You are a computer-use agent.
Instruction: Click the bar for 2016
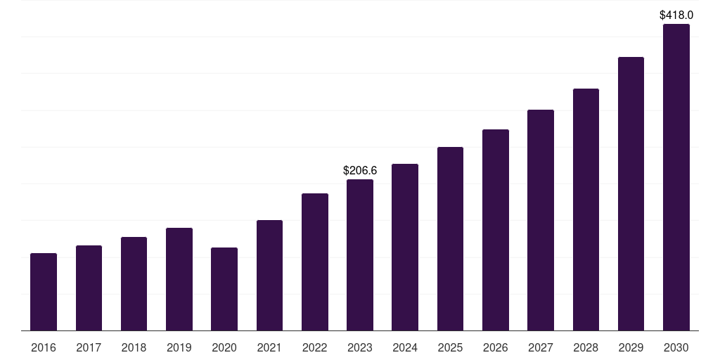(44, 292)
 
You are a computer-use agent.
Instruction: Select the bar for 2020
(224, 289)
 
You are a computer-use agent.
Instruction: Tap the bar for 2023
(360, 255)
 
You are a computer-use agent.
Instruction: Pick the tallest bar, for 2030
(676, 177)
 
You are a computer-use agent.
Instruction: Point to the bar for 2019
(179, 279)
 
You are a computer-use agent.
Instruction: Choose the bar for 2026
(496, 230)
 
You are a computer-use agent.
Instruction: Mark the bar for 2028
(586, 210)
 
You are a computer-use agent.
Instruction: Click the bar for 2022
(315, 262)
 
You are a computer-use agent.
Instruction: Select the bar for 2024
(405, 247)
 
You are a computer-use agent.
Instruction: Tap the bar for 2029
(631, 194)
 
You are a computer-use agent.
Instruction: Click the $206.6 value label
(360, 171)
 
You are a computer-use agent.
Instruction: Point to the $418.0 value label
(676, 15)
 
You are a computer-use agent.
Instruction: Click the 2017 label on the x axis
(89, 348)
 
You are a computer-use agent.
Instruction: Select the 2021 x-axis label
(269, 348)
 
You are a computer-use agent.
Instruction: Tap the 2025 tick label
(450, 348)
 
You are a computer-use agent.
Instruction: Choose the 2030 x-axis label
(676, 348)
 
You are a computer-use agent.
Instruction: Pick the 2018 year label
(134, 348)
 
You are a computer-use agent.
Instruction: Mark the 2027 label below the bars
(541, 348)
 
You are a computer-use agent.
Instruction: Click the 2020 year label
(224, 348)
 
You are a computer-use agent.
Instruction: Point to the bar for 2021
(269, 276)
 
